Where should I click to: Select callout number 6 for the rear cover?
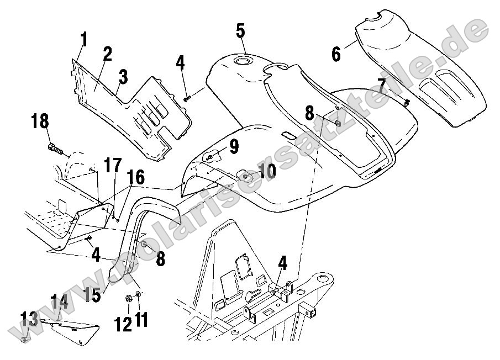(336, 54)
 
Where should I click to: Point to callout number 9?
(234, 146)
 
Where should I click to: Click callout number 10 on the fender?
(266, 171)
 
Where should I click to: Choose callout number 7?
(381, 87)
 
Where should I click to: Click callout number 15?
(93, 293)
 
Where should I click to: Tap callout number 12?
(123, 322)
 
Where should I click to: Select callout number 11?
(142, 320)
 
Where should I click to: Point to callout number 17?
(113, 166)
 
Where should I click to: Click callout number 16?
(136, 178)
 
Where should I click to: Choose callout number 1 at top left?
(84, 40)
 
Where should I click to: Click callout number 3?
(123, 77)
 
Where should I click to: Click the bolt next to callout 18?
(55, 147)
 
